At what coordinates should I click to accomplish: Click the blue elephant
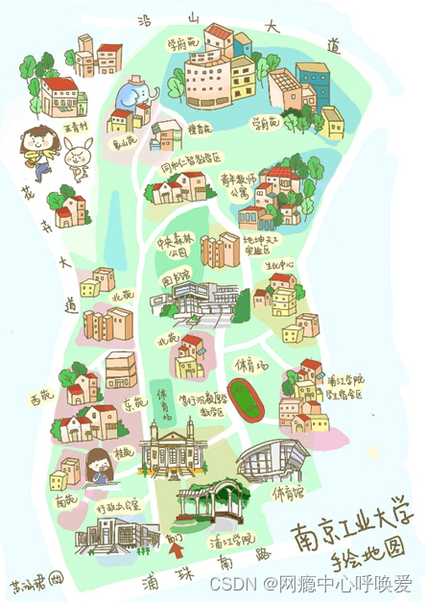coord(134,97)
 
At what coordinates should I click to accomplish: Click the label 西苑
coord(40,396)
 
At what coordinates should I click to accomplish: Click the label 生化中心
coord(280,263)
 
